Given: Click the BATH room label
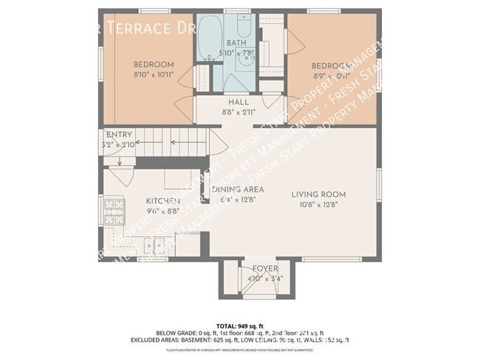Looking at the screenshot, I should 236,43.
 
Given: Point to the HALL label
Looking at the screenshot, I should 238,103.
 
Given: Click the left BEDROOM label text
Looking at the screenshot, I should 153,63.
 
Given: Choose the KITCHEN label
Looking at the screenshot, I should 162,200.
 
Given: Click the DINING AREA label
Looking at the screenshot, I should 238,190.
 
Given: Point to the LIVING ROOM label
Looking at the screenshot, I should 318,194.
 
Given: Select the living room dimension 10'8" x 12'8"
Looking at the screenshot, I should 318,204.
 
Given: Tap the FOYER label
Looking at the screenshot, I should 265,269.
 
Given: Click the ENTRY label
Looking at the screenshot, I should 119,135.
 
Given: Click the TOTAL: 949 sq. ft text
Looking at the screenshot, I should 239,324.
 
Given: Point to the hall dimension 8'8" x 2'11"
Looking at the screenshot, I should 238,112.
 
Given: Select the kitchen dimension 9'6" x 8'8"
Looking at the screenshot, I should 162,210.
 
